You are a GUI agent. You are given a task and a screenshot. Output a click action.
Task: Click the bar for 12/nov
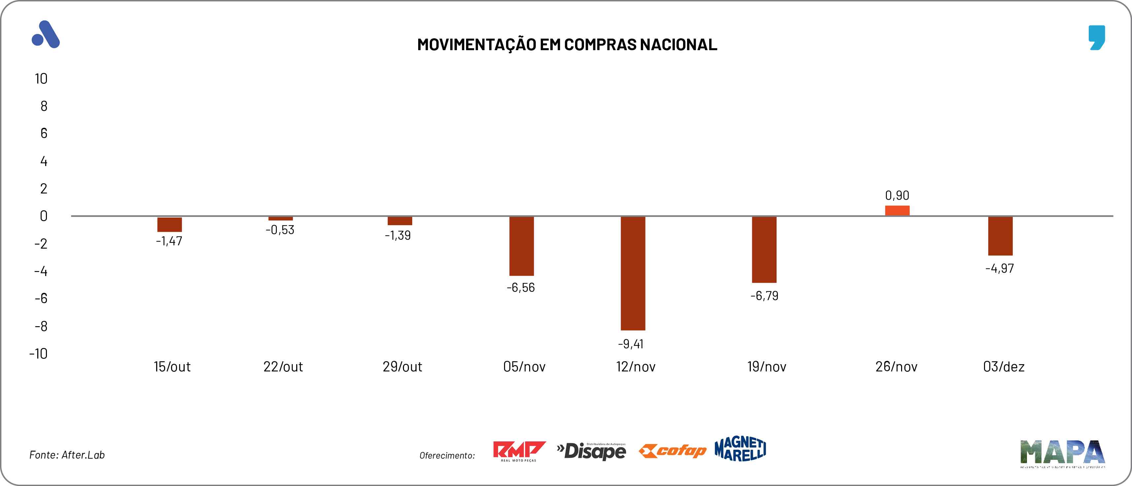[x=633, y=273]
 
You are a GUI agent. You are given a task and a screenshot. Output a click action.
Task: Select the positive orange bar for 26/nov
[x=897, y=211]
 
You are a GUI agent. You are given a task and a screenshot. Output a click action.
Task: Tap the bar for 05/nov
[x=522, y=246]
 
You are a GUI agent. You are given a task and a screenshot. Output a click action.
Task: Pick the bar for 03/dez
[x=1000, y=236]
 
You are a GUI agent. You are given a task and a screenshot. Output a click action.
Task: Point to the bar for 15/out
[x=170, y=224]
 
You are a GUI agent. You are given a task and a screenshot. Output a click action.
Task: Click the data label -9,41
[x=631, y=344]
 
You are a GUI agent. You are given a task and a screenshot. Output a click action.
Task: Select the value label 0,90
[x=897, y=195]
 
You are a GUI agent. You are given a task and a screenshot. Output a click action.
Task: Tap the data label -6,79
[x=764, y=296]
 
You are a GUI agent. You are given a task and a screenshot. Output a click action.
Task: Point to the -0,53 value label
[x=280, y=230]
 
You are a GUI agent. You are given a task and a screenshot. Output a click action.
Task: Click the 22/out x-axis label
[x=283, y=366]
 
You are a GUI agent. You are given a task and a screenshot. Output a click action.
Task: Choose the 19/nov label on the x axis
[x=767, y=366]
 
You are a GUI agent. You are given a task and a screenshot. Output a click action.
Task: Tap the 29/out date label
[x=402, y=366]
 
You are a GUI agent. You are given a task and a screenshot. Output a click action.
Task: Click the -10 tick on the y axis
[x=39, y=354]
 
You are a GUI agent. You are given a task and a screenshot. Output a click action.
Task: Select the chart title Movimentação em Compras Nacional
[x=567, y=44]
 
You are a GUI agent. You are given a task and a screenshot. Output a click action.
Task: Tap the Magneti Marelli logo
[x=741, y=449]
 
